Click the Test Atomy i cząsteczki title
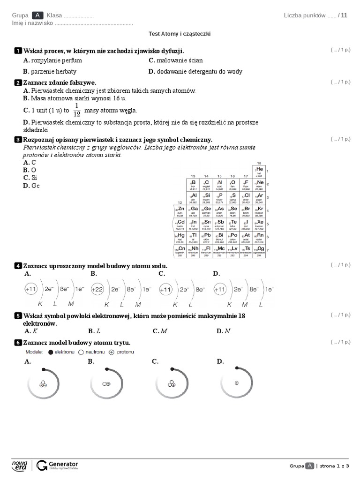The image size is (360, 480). click(x=180, y=34)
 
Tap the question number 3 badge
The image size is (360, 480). click(x=18, y=140)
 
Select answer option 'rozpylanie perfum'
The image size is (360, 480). click(x=52, y=60)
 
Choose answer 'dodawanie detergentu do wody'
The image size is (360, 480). click(x=195, y=72)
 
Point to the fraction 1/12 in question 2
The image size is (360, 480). click(x=77, y=110)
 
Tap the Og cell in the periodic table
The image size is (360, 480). click(x=259, y=250)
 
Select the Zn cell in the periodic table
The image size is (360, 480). click(x=180, y=210)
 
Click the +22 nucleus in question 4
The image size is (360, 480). click(x=97, y=290)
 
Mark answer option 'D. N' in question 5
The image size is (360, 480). click(x=223, y=331)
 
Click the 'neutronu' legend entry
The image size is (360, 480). click(x=88, y=352)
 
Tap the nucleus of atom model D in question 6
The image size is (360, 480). click(x=237, y=383)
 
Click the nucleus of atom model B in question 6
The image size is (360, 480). click(x=106, y=383)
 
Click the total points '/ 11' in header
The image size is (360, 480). click(x=343, y=15)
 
